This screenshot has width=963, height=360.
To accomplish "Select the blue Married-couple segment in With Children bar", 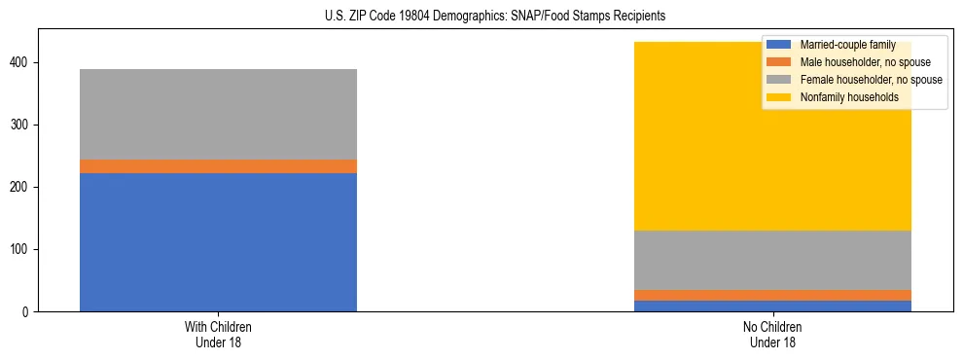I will (x=218, y=242).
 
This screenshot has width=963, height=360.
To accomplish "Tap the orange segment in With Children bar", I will (x=218, y=166).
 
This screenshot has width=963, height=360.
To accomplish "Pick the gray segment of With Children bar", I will (x=218, y=114).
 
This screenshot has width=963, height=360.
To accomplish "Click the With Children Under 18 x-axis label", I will (x=218, y=335).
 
